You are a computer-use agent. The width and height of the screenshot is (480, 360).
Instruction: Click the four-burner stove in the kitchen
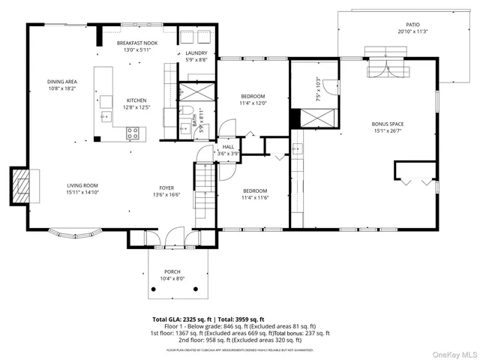pyautogui.click(x=133, y=133)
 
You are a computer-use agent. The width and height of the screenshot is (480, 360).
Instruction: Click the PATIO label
pyautogui.click(x=412, y=24)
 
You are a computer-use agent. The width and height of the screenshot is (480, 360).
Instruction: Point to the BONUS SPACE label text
pyautogui.click(x=388, y=124)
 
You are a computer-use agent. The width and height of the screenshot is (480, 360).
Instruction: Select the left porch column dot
pyautogui.click(x=148, y=289)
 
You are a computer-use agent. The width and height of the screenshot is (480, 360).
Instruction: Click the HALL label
pyautogui.click(x=227, y=146)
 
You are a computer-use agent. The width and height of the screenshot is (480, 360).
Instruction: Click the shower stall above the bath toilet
pyautogui.click(x=196, y=91)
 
